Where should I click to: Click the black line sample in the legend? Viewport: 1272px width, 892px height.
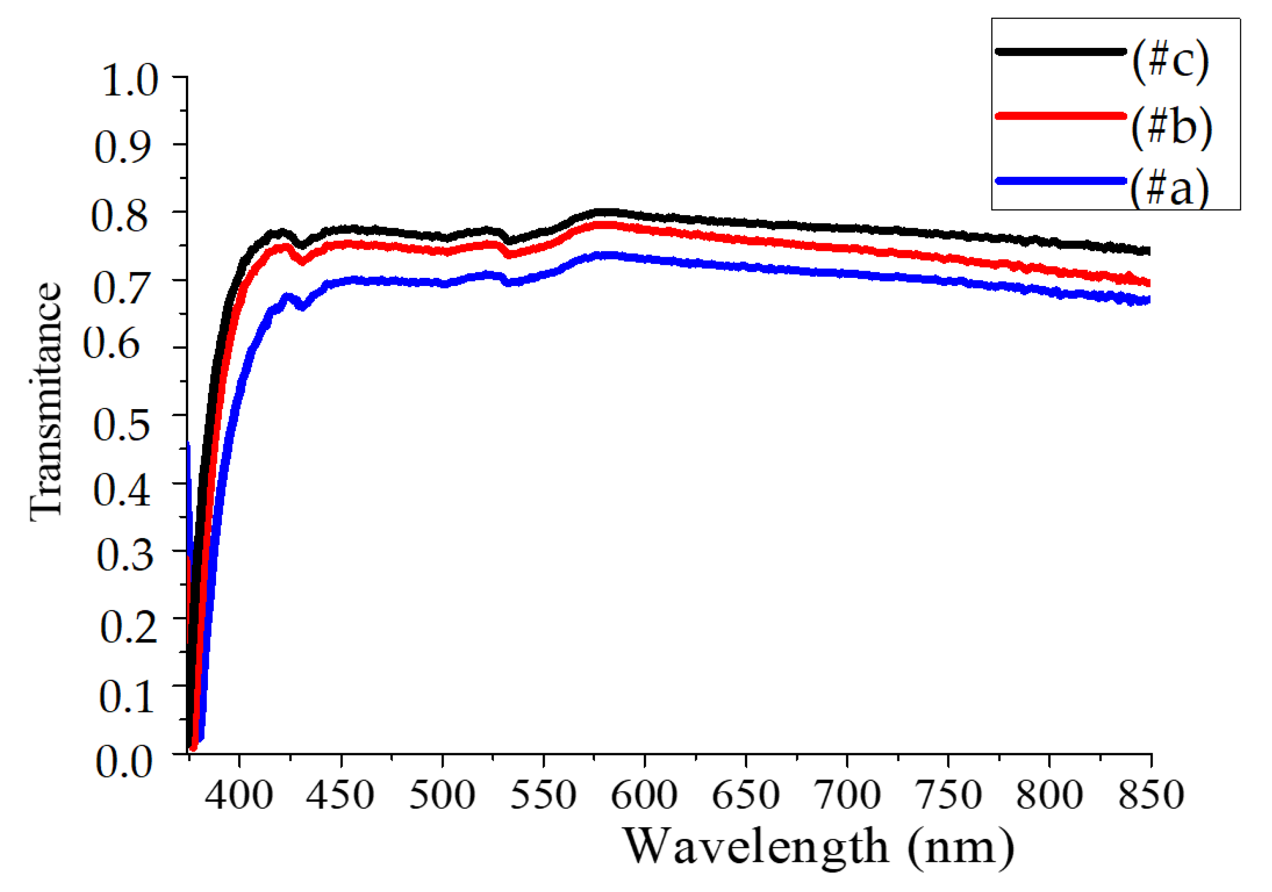coord(1060,52)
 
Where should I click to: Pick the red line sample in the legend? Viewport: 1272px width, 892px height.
coord(1060,116)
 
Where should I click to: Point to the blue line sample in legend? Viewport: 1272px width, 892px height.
coord(1060,181)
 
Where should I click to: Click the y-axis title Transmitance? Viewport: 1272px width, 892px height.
coord(46,401)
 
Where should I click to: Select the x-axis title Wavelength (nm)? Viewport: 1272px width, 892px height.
coord(819,847)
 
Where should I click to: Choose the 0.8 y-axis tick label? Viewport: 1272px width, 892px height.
coord(120,217)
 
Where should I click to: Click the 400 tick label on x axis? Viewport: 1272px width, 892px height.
coord(239,796)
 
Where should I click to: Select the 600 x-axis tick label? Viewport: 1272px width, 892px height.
coord(644,796)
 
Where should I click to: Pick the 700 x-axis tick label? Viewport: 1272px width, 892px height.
coord(847,796)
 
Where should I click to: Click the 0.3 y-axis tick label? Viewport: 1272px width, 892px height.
coord(125,556)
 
